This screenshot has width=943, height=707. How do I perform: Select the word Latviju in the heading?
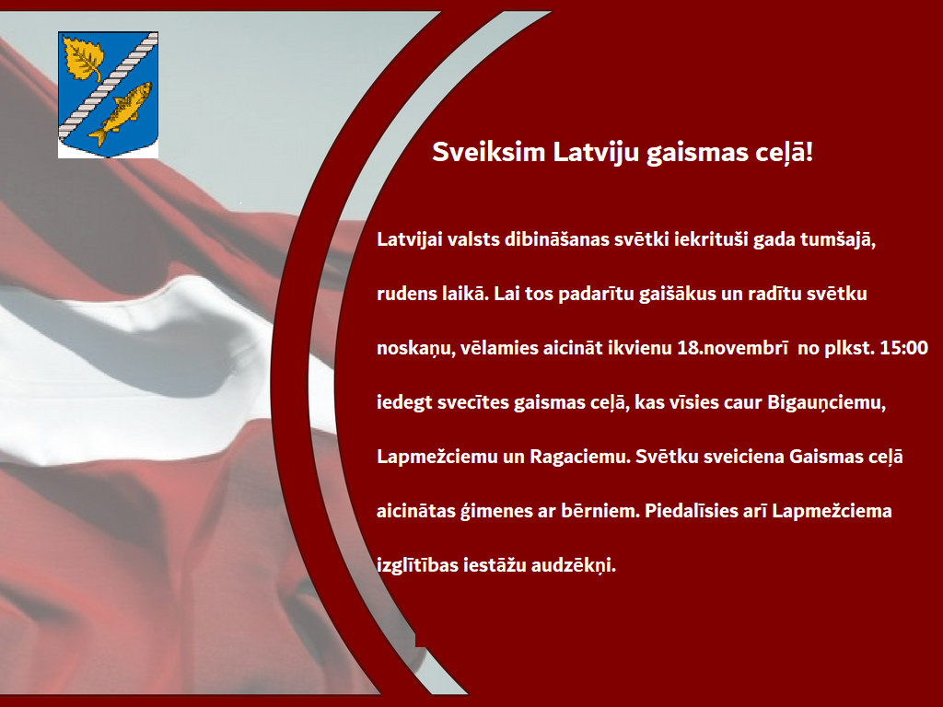(x=596, y=152)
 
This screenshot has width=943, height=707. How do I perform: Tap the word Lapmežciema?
(x=832, y=511)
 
